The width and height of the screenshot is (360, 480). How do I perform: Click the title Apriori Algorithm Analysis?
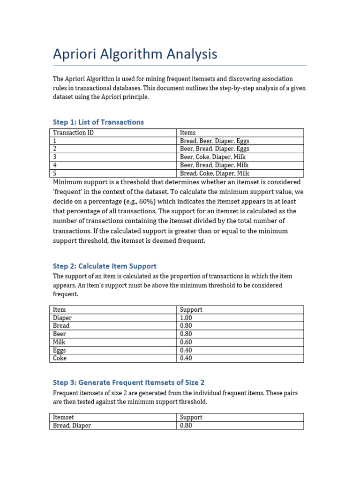[135, 54]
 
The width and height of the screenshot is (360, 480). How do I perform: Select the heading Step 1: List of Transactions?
[98, 122]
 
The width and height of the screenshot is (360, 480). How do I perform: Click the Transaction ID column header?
[73, 133]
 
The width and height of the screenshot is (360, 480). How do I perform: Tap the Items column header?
[188, 133]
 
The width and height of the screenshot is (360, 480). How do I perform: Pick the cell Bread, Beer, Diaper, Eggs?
[214, 141]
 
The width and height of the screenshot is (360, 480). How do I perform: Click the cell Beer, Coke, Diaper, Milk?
[213, 157]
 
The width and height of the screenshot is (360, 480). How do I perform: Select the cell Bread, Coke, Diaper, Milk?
[214, 173]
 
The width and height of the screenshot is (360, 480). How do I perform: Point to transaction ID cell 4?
[55, 165]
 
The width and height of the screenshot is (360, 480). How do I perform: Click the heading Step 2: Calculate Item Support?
[105, 266]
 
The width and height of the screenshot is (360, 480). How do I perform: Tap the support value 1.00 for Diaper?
[186, 318]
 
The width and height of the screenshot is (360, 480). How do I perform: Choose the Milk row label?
[60, 342]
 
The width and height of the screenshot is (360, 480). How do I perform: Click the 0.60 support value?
[186, 342]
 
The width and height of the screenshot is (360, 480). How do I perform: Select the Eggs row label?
[60, 350]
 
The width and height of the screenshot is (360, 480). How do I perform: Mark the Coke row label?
[60, 358]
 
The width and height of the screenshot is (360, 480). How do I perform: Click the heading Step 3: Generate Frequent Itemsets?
[129, 382]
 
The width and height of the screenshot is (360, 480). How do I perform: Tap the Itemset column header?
[63, 417]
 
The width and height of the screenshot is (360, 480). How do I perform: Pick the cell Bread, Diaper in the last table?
[72, 426]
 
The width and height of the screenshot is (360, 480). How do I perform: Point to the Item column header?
[60, 310]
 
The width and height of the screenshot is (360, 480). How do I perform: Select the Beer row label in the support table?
[60, 334]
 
